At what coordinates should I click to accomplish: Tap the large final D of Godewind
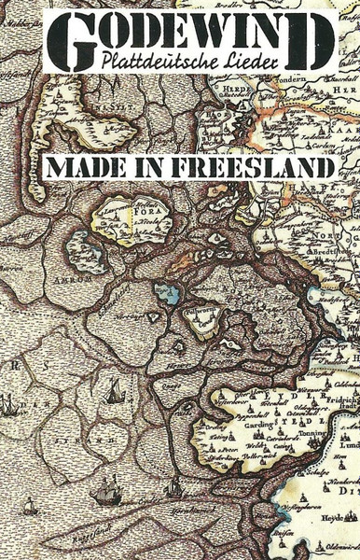(312, 43)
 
